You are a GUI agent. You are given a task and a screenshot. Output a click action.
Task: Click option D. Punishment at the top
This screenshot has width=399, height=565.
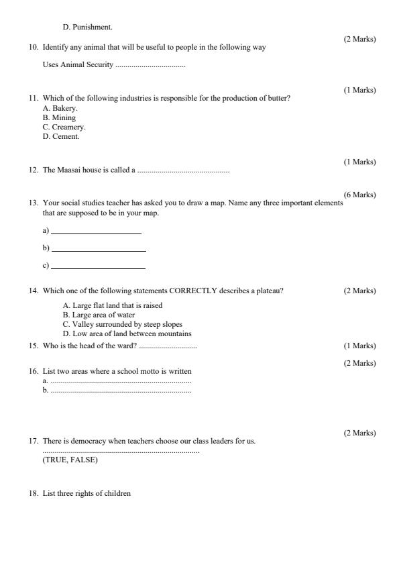(88, 28)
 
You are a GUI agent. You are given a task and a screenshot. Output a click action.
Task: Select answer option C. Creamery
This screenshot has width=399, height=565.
(64, 127)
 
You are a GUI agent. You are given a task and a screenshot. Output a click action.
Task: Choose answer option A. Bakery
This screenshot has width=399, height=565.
(60, 108)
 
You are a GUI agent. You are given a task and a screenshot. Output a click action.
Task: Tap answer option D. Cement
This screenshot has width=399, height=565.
(61, 136)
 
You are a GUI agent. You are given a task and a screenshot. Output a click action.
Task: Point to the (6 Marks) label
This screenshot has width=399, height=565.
(359, 195)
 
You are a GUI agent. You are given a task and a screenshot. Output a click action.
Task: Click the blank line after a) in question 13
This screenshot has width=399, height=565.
(96, 233)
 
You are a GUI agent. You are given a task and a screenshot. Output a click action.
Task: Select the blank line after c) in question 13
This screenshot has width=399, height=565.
(98, 268)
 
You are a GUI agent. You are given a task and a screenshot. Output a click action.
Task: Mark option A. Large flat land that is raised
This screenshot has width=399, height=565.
(113, 305)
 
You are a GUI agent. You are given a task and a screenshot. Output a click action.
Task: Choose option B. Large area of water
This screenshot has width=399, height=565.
(99, 315)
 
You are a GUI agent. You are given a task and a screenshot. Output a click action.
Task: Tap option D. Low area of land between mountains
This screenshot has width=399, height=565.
(127, 333)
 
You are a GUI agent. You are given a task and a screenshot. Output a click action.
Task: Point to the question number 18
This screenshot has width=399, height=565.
(34, 493)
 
